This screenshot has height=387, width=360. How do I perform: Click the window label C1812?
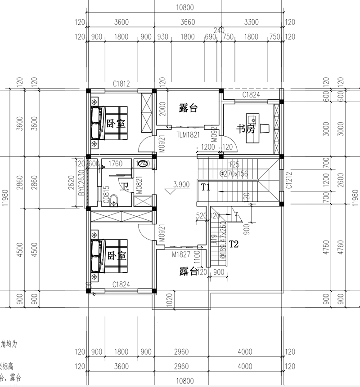pyautogui.click(x=121, y=84)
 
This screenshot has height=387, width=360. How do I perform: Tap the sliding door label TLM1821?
pyautogui.click(x=187, y=134)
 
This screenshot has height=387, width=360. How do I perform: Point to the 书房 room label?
pyautogui.click(x=246, y=129)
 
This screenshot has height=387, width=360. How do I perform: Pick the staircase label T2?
pyautogui.click(x=234, y=245)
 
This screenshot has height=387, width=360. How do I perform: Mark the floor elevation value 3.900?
pyautogui.click(x=180, y=184)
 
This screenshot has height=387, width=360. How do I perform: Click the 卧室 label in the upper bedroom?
pyautogui.click(x=116, y=123)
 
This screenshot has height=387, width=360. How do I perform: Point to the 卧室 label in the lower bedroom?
pyautogui.click(x=116, y=256)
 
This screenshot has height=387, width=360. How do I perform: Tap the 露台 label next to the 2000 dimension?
pyautogui.click(x=189, y=108)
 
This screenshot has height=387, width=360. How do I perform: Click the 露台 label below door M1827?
pyautogui.click(x=189, y=271)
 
